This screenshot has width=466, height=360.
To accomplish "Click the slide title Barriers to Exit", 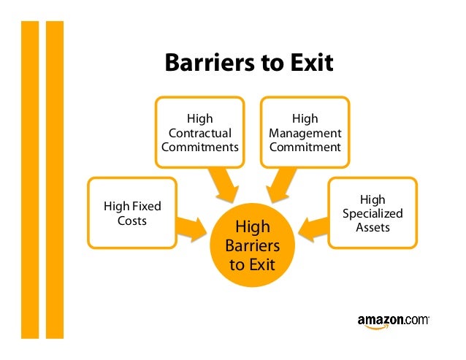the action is [248, 64].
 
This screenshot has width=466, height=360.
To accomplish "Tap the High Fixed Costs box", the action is [132, 213].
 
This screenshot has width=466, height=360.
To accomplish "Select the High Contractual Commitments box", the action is [199, 133].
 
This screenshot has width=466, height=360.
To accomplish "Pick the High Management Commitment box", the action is [305, 133].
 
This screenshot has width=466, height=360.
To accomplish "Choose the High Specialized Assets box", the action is [373, 213].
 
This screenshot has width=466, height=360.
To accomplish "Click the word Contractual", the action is [199, 133].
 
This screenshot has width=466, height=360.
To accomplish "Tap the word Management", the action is [305, 133].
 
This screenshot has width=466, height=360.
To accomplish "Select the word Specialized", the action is [373, 213].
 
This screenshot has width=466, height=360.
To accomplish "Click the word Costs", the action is [132, 221].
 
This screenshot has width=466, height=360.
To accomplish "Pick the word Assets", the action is [373, 227].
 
